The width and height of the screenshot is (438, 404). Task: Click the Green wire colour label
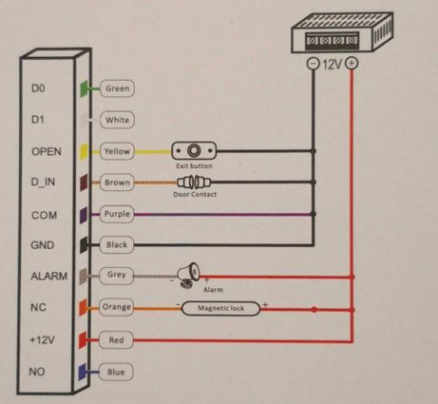[118, 88]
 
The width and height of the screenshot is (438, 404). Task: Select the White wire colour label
[118, 119]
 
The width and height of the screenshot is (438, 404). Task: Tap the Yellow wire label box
[118, 151]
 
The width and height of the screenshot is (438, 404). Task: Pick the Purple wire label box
[118, 214]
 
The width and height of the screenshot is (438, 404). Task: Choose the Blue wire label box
[116, 372]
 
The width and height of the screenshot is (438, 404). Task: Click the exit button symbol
[194, 151]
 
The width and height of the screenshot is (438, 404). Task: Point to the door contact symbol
[195, 183]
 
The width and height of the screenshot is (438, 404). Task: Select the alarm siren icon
[189, 275]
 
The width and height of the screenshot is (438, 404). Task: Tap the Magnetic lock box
[221, 309]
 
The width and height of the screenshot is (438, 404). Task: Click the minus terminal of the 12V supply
[313, 63]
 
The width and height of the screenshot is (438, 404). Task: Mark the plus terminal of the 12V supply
[352, 63]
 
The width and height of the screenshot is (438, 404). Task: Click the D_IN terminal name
[43, 182]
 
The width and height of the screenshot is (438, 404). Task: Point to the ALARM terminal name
[49, 276]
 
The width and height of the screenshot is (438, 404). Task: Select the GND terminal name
[42, 245]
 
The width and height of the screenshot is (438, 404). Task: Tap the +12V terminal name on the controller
[42, 340]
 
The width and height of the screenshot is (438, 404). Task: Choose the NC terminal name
[39, 308]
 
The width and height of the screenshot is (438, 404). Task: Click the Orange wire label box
[117, 307]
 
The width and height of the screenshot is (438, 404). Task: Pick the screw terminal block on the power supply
[332, 40]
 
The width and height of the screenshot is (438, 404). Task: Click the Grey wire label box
[117, 275]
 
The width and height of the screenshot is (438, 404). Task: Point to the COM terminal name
[44, 215]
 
